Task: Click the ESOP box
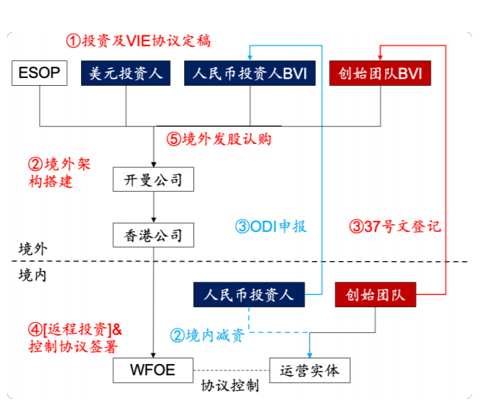[x=39, y=74]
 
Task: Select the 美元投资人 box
[x=126, y=74]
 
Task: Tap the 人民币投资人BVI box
[x=249, y=74]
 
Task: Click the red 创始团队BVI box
[x=380, y=74]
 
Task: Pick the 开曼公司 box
[x=153, y=180]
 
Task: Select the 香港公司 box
[x=153, y=234]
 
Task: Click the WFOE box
[x=153, y=369]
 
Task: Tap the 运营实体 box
[x=310, y=370]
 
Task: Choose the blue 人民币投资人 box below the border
[x=249, y=294]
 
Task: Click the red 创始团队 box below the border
[x=375, y=294]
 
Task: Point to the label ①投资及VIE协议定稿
[x=139, y=40]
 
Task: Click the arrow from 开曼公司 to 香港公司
[x=153, y=206]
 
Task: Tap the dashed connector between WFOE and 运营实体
[x=232, y=370]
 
